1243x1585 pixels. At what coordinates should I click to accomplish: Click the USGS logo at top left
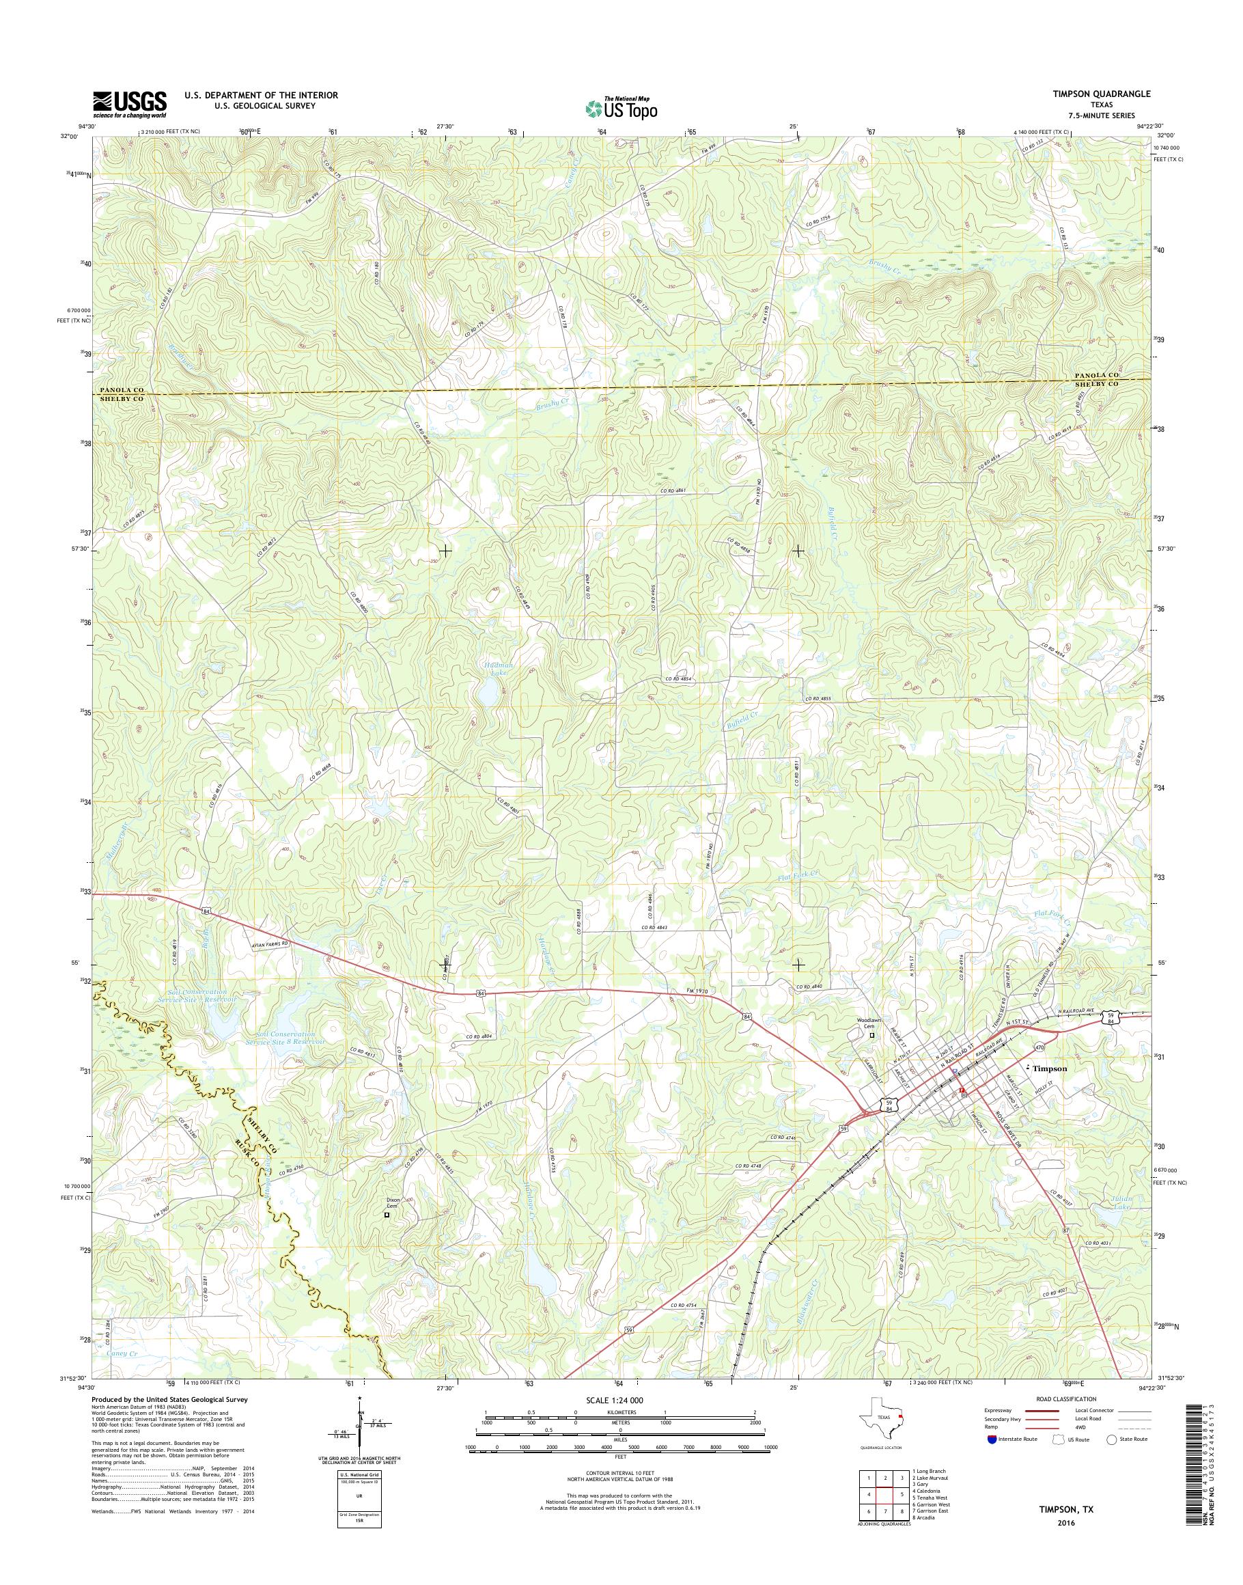click(130, 104)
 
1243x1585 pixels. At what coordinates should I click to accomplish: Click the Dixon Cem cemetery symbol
click(387, 1215)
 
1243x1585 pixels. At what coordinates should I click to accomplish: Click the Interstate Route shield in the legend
click(991, 1439)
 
